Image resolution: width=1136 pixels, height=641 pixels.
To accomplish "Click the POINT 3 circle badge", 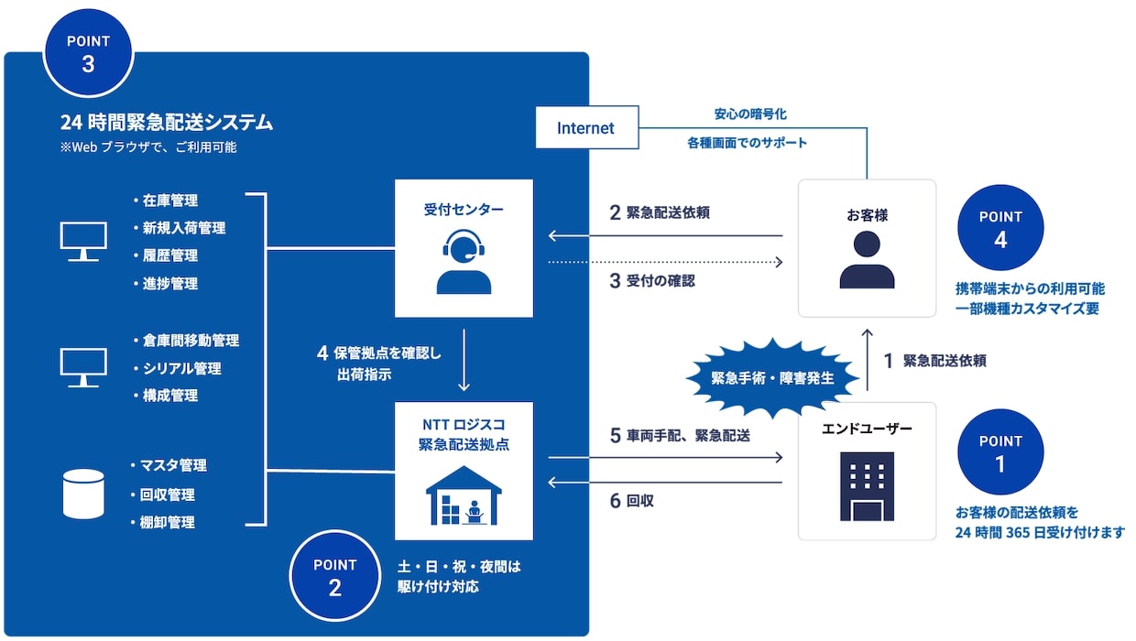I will point(88,53).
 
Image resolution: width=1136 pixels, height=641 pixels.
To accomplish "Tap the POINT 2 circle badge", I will point(334,577).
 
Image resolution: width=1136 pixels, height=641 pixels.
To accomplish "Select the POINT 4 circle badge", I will point(1000,228).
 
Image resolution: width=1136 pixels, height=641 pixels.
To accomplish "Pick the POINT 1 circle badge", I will point(1000,452).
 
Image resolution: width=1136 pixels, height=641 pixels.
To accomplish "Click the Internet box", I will point(586,128).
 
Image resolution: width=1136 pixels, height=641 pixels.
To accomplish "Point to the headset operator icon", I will point(463,262).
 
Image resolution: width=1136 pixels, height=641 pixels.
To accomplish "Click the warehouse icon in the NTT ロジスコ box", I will point(464,496).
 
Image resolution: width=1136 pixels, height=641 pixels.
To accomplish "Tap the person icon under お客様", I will point(867,260).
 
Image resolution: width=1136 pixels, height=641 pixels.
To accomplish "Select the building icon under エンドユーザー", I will point(867,486).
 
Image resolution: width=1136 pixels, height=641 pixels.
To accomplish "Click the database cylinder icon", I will point(84,494).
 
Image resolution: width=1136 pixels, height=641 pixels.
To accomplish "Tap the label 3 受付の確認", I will point(652,281).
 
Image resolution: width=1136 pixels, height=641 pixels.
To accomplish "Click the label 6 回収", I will point(632,501).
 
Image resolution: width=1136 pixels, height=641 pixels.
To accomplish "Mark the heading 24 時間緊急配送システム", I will point(166,122).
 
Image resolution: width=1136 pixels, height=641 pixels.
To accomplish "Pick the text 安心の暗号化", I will point(750,114).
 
